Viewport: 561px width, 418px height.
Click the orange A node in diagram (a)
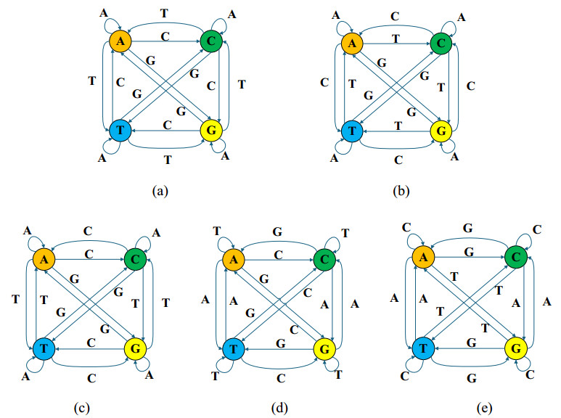[120, 41]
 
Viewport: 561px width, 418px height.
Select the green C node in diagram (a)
[210, 41]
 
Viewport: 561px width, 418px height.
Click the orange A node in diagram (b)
[352, 43]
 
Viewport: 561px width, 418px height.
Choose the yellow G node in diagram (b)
[441, 131]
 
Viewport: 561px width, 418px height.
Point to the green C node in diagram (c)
[135, 258]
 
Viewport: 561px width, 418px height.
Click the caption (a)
[160, 192]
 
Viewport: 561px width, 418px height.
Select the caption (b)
[399, 192]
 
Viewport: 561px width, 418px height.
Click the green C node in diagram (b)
[441, 43]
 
